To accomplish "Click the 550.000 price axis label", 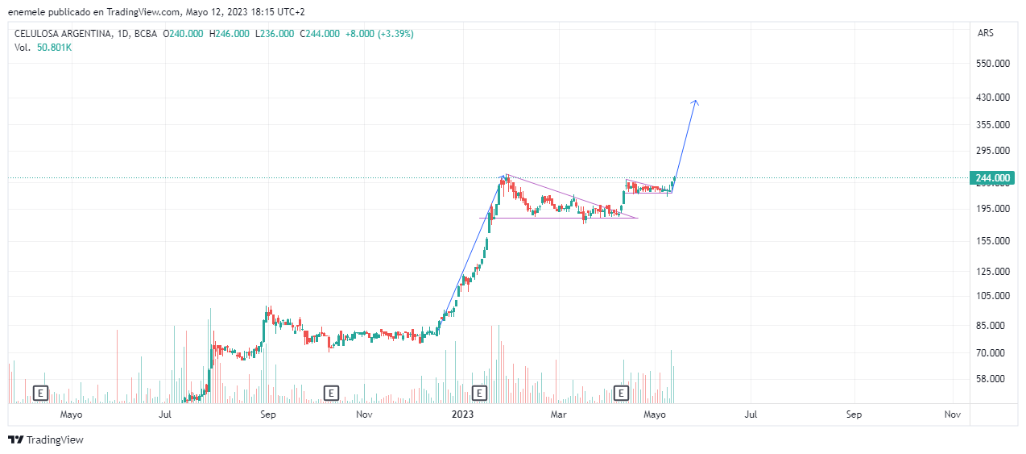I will [x=993, y=63].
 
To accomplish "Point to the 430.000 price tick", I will [x=993, y=98].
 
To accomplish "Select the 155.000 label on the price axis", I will [x=993, y=240].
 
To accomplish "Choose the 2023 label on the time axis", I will [x=463, y=414].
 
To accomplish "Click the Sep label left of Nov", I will [x=268, y=414].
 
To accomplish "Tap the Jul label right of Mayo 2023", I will [x=750, y=414].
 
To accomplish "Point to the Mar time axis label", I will [x=558, y=414].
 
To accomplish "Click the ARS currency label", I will [x=985, y=33].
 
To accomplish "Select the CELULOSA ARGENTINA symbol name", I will [x=61, y=34].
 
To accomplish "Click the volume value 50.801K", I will [x=54, y=48].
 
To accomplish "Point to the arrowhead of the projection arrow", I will [x=696, y=102].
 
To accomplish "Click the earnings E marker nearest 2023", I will [x=479, y=393].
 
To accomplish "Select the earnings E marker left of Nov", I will [x=330, y=393].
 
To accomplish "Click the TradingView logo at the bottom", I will [x=46, y=439].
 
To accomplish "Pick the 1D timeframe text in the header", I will [x=122, y=34].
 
